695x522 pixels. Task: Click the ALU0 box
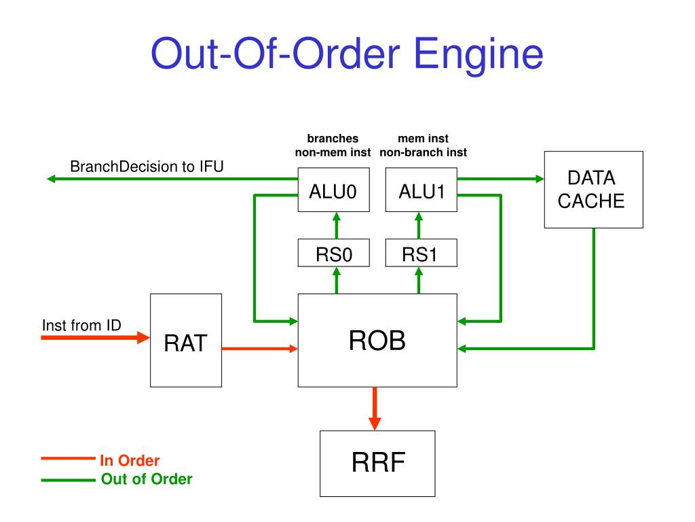333,190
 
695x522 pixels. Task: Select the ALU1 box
421,190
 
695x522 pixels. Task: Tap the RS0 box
333,253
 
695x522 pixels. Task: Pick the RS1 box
421,253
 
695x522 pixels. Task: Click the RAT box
186,341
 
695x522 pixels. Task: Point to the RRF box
377,464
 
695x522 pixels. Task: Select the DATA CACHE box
593,190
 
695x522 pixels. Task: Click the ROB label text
377,341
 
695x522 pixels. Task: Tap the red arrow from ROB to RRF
375,408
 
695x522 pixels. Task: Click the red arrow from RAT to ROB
260,349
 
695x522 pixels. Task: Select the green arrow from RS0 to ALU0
337,226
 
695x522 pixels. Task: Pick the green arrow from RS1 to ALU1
419,226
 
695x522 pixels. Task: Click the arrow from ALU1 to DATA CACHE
501,179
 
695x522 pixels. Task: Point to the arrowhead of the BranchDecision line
50,179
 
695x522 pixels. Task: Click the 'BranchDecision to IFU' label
147,167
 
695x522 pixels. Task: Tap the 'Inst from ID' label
81,326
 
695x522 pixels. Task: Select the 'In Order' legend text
130,461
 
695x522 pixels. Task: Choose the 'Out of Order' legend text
147,479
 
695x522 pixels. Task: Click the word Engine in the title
478,54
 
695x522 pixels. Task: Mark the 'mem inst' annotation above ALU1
424,139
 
